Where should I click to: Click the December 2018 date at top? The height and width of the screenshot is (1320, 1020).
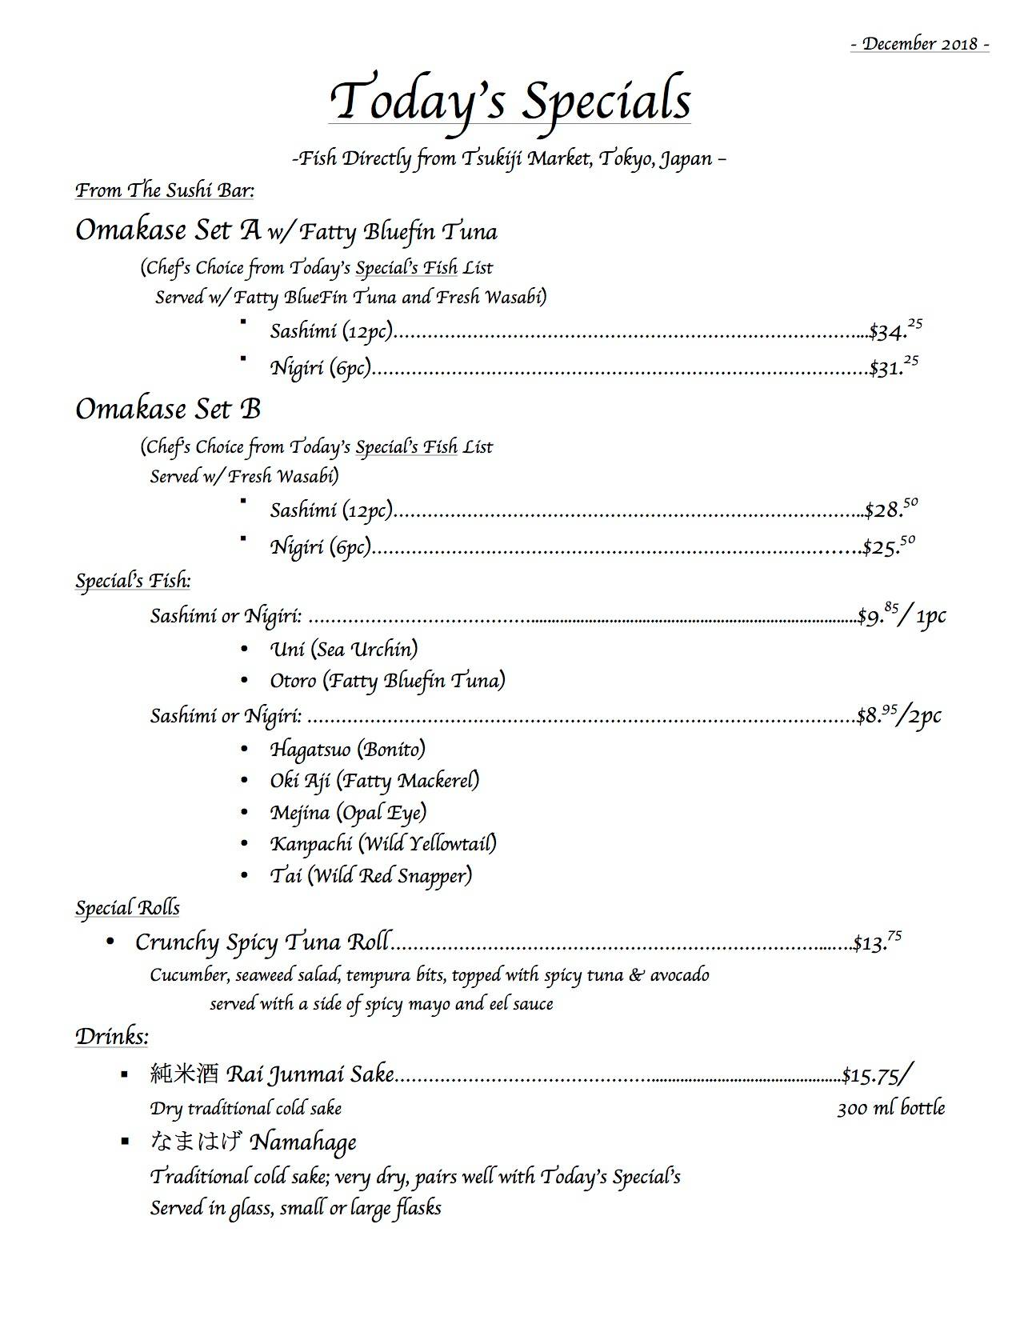point(920,43)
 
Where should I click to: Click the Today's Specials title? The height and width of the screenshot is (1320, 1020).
point(510,100)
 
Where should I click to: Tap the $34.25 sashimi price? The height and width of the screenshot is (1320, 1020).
point(896,329)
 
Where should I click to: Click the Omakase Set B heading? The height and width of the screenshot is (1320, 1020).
point(168,409)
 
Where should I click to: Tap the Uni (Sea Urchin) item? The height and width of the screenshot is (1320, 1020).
point(344,649)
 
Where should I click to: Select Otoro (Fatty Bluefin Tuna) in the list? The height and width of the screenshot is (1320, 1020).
point(388,681)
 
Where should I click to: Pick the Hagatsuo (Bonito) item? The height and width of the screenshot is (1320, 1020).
point(348,749)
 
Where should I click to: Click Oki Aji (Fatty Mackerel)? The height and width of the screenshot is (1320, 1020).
point(374,780)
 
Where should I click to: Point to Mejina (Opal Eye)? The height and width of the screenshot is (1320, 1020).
point(348,813)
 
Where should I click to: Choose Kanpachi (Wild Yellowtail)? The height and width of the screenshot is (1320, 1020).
point(383,843)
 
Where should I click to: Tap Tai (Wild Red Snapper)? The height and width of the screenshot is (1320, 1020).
point(371,875)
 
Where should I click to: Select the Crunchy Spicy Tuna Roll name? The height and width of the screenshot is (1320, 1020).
point(262,942)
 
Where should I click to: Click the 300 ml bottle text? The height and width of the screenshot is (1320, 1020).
point(890,1109)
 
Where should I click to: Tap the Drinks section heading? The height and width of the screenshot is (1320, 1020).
point(112,1037)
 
